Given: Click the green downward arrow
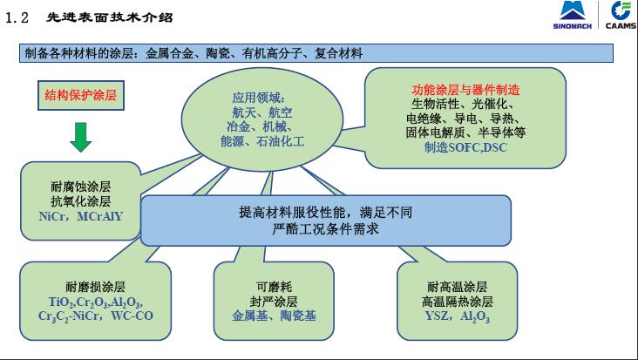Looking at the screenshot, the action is [80, 137].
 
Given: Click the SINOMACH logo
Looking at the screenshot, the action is [572, 16].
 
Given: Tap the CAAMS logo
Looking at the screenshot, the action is [621, 16].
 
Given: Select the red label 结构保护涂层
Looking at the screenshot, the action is [80, 95].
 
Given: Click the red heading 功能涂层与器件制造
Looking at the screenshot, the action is [465, 90].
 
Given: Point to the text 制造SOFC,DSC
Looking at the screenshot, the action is [465, 147].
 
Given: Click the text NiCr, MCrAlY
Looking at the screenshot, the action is [80, 216].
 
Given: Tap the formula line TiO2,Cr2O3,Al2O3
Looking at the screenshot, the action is [95, 302].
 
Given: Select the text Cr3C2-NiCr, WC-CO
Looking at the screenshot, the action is [96, 316].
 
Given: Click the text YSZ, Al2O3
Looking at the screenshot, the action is [458, 316].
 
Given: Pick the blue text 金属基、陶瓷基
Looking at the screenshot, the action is [274, 316].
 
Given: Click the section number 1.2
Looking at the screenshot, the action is [17, 17].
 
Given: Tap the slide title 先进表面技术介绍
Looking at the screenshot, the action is [110, 17].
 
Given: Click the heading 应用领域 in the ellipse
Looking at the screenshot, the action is [258, 98].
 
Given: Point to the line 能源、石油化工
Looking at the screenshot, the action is [262, 141].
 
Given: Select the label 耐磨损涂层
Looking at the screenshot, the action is [95, 287].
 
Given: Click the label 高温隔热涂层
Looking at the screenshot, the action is [458, 302].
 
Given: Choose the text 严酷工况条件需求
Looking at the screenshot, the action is [325, 228].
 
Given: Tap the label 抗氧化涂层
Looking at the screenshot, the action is [80, 201].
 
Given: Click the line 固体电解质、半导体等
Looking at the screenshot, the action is [465, 132].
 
